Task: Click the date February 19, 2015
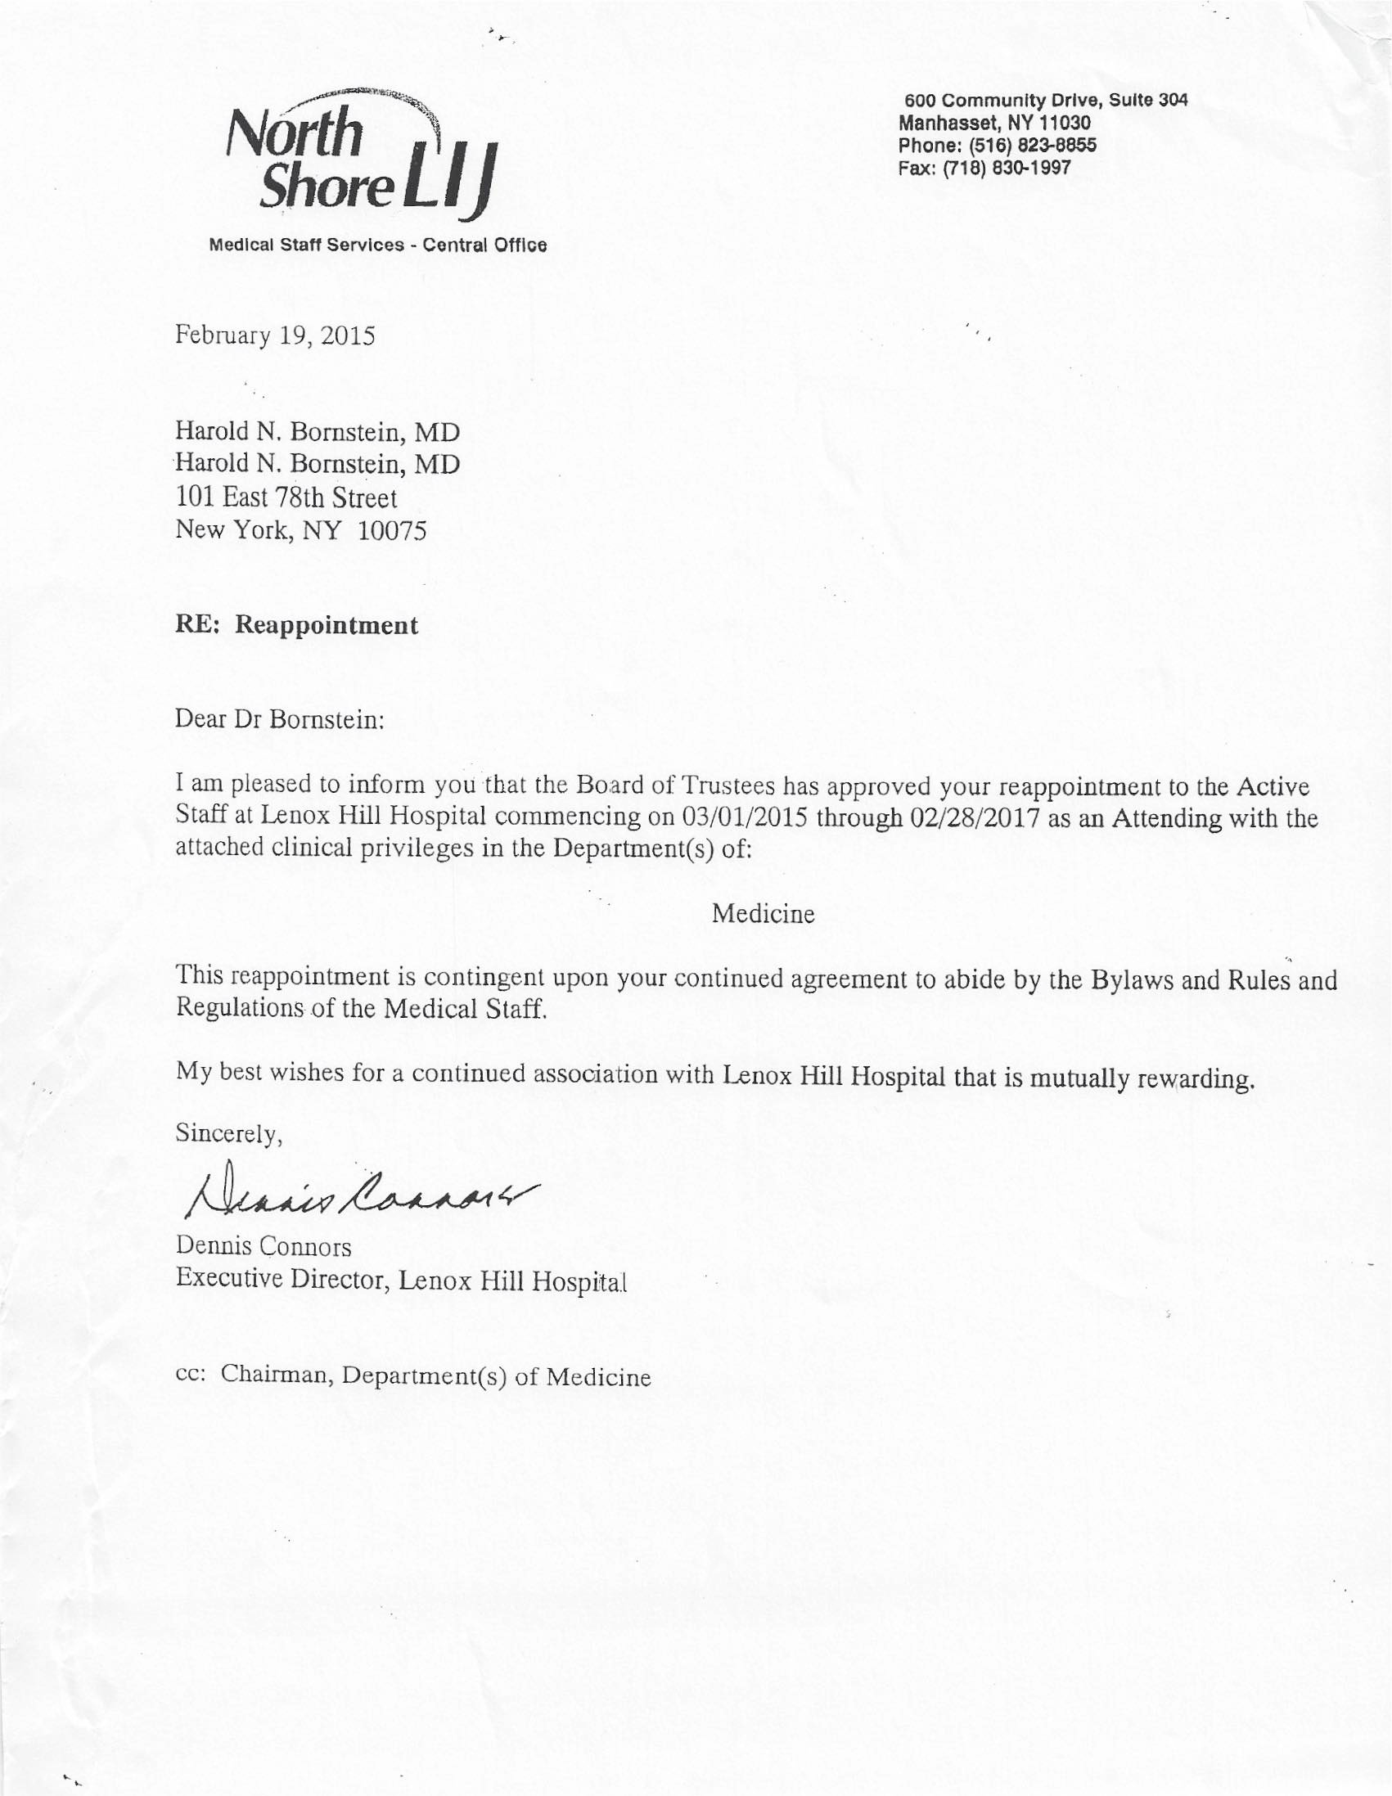coord(275,336)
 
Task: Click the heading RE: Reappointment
coord(296,626)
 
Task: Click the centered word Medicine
coord(763,914)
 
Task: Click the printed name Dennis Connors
coord(264,1247)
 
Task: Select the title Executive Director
coord(282,1281)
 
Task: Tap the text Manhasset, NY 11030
coord(995,124)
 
